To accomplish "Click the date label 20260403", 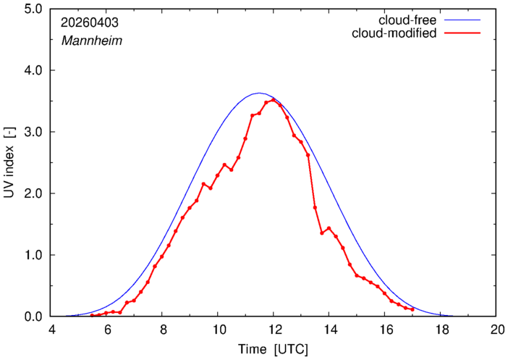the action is point(90,22).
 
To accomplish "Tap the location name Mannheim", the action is point(92,41).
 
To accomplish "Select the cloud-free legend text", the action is point(407,20).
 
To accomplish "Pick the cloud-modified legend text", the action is point(394,33).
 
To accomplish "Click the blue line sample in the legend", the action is point(462,20).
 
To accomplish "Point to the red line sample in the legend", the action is point(462,33).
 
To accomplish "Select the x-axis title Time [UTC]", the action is point(273,350).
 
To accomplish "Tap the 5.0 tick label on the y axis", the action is point(33,9).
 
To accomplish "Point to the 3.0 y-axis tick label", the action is point(33,132).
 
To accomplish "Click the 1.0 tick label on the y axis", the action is point(33,255).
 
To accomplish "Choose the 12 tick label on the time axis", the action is point(274,330).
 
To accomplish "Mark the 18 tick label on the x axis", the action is point(440,330).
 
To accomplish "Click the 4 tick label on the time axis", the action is point(51,330).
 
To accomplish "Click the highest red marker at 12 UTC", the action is point(273,100).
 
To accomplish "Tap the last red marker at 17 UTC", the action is point(412,309).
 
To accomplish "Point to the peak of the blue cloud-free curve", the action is point(259,93).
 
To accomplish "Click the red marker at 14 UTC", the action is point(329,228).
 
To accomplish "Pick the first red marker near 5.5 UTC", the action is point(92,315).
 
